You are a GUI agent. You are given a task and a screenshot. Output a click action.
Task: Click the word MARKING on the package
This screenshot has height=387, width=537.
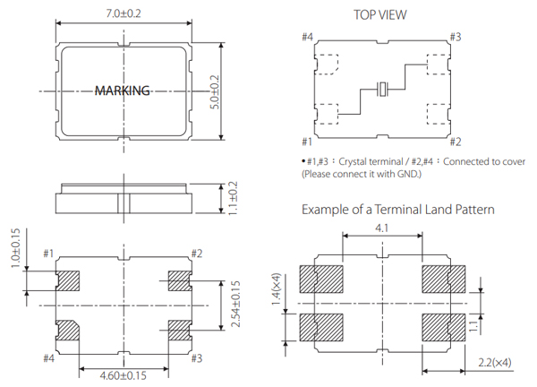(x=123, y=90)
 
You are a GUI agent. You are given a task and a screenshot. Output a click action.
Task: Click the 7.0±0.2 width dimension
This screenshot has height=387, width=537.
(x=123, y=13)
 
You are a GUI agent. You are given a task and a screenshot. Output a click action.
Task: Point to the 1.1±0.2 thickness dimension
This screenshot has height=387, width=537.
(x=234, y=198)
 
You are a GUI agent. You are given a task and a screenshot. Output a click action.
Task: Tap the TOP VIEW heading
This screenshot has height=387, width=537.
(x=380, y=14)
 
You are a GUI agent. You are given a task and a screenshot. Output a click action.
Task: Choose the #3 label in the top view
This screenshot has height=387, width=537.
(x=455, y=37)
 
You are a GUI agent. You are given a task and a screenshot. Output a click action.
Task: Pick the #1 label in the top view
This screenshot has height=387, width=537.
(x=307, y=142)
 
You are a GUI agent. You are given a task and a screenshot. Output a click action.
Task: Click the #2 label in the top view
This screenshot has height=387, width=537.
(x=455, y=142)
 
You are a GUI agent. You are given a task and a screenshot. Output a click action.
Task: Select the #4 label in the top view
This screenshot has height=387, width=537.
(x=307, y=37)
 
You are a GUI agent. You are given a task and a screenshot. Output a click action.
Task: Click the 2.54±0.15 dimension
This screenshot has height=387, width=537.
(x=236, y=305)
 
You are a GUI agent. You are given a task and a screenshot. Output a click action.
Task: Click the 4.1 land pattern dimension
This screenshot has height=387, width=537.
(x=382, y=228)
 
